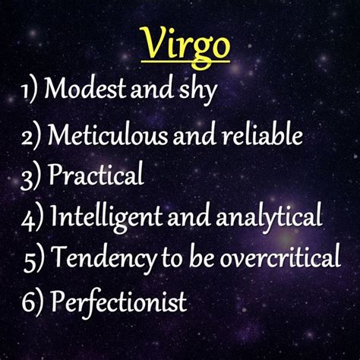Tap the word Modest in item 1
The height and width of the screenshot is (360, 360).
click(85, 88)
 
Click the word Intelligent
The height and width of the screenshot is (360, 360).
click(106, 217)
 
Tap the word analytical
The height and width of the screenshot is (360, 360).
click(269, 218)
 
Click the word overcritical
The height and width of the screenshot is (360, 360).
click(280, 256)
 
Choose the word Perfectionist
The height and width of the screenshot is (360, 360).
click(119, 302)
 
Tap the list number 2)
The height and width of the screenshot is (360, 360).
click(31, 136)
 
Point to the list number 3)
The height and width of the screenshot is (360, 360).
click(30, 177)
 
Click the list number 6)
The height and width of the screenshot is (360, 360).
click(33, 302)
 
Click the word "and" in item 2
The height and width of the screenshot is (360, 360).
click(194, 134)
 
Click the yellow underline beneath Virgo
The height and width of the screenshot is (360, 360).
click(186, 62)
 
